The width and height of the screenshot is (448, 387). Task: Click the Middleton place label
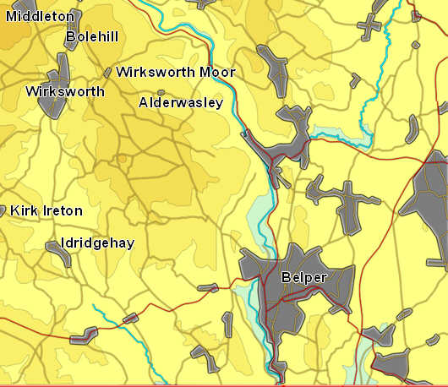[40, 16]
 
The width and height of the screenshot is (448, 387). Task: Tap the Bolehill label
[92, 36]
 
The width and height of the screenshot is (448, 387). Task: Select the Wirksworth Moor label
[176, 72]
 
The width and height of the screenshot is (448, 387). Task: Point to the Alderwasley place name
[181, 102]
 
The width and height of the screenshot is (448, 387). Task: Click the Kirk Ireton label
[46, 210]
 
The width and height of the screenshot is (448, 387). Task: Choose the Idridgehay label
[97, 243]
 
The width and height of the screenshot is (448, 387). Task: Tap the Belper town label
[304, 276]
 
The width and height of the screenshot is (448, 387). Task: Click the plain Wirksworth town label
[65, 90]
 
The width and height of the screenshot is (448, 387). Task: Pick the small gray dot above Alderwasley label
[161, 92]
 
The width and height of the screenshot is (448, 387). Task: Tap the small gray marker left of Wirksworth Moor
[107, 73]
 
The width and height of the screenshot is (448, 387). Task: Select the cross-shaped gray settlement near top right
[370, 26]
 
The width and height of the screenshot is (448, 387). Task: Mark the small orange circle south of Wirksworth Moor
[122, 158]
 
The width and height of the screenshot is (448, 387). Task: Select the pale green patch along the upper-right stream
[334, 133]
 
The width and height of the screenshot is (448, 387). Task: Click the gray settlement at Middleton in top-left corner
[12, 34]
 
